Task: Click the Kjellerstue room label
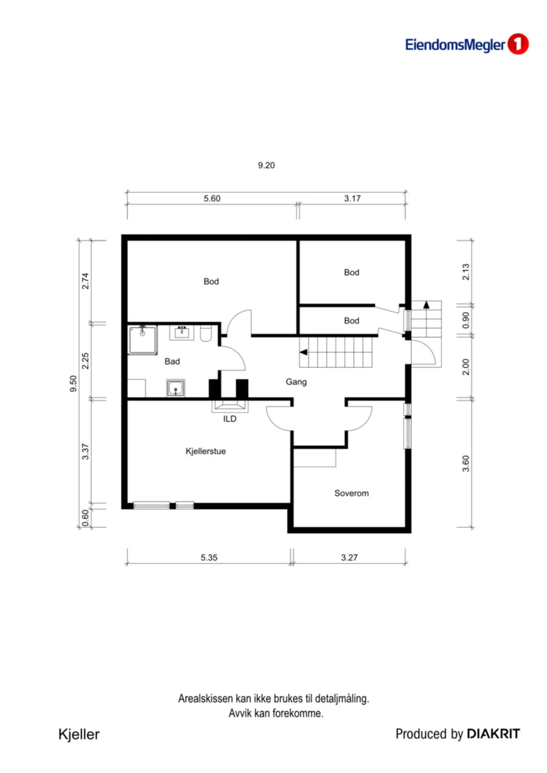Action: pyautogui.click(x=205, y=451)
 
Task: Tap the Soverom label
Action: pyautogui.click(x=351, y=493)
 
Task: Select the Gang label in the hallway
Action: pyautogui.click(x=296, y=382)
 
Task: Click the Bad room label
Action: pyautogui.click(x=172, y=362)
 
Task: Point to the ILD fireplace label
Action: pyautogui.click(x=229, y=419)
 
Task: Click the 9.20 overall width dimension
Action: pyautogui.click(x=266, y=165)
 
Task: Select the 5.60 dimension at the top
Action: pyautogui.click(x=212, y=198)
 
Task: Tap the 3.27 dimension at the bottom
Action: pyautogui.click(x=349, y=557)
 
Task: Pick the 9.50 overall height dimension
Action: pyautogui.click(x=73, y=383)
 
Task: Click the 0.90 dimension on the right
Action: pyautogui.click(x=466, y=320)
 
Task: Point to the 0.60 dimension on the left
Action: pyautogui.click(x=85, y=517)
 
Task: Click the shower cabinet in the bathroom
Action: pyautogui.click(x=143, y=340)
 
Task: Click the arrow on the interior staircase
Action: pyautogui.click(x=303, y=352)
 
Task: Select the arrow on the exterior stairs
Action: pyautogui.click(x=426, y=304)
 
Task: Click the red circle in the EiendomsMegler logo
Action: pyautogui.click(x=518, y=44)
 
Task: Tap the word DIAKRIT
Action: pyautogui.click(x=493, y=734)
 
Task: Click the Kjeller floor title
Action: pyautogui.click(x=79, y=734)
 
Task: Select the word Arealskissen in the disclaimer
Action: pyautogui.click(x=205, y=699)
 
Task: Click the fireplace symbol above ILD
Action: pyautogui.click(x=230, y=406)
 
